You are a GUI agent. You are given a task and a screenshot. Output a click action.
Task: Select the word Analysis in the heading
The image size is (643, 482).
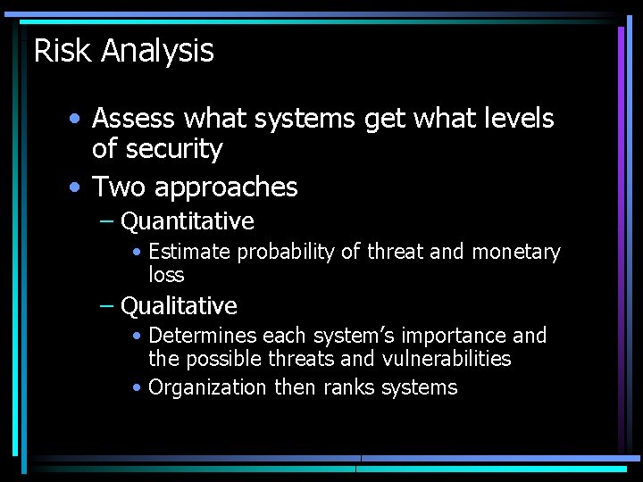click(157, 51)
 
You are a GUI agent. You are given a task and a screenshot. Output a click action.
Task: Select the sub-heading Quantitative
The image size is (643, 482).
click(188, 221)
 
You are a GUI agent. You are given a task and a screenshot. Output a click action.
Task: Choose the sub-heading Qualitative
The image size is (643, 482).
click(179, 306)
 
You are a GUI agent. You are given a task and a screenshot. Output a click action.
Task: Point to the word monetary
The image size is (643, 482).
click(516, 253)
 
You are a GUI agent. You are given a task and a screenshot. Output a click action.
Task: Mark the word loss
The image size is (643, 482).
click(166, 275)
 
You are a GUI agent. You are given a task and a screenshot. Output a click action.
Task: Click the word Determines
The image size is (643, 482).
click(202, 337)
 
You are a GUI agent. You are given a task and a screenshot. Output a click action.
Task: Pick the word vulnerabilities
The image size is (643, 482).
click(447, 360)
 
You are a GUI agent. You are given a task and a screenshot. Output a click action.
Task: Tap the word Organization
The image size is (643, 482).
click(207, 387)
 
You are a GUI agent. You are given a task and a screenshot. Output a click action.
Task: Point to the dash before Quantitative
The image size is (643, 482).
click(106, 221)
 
